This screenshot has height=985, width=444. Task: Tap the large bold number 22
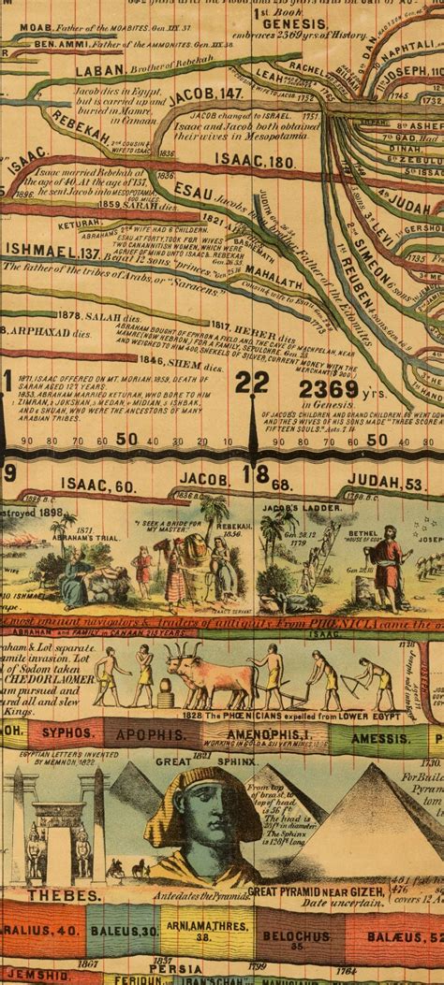point(252,383)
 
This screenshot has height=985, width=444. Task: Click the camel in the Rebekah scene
point(183,557)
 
